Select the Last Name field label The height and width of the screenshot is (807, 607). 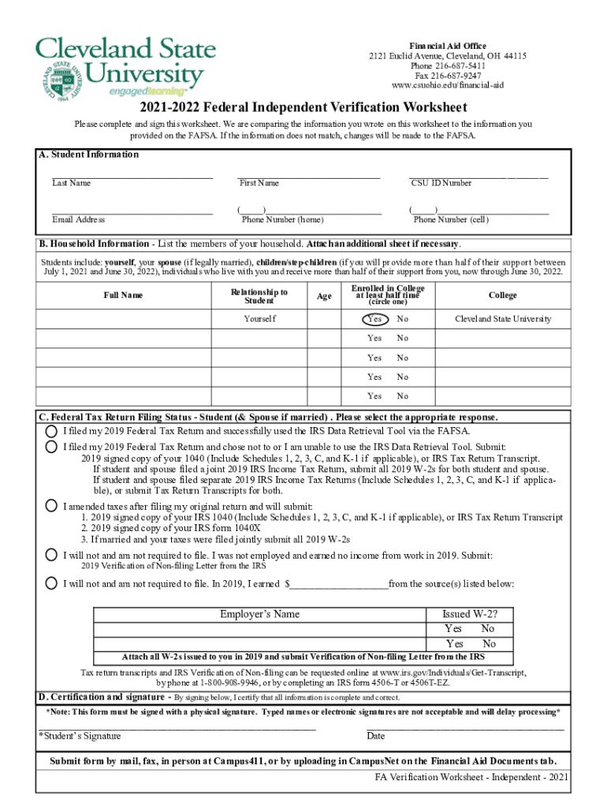point(72,184)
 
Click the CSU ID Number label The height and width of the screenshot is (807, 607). point(441,184)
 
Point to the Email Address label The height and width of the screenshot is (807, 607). point(79,220)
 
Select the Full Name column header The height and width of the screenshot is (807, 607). point(123,296)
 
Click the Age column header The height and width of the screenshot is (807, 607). point(324,296)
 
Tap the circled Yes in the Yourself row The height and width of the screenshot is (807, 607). point(374,319)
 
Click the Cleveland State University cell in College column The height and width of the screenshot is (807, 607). point(503,319)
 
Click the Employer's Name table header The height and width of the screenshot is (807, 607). point(259,615)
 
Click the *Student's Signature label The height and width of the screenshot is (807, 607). point(80,736)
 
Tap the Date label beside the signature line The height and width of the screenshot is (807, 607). point(376,736)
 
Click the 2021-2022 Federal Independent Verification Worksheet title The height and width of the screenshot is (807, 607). point(303,108)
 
